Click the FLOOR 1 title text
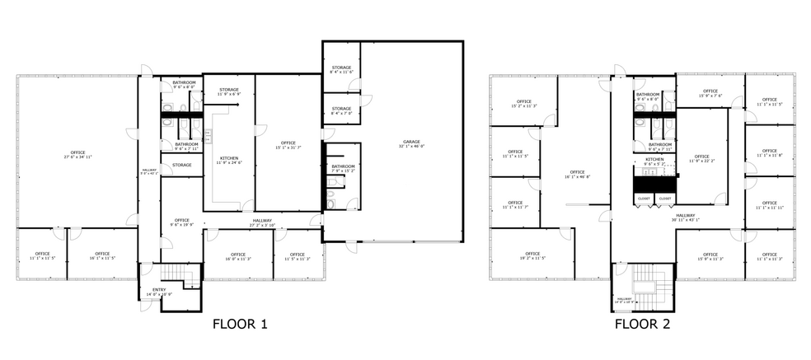pos(240,325)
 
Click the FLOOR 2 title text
pos(641,325)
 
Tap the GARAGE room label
pos(410,145)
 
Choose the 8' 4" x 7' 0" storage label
pos(341,110)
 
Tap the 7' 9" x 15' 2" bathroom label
pos(343,169)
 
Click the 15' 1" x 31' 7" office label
pos(288,146)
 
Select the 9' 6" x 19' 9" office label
pos(181,222)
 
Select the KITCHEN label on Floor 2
pos(654,161)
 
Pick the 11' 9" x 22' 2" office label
pos(701,158)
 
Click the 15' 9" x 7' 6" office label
pos(710,93)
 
